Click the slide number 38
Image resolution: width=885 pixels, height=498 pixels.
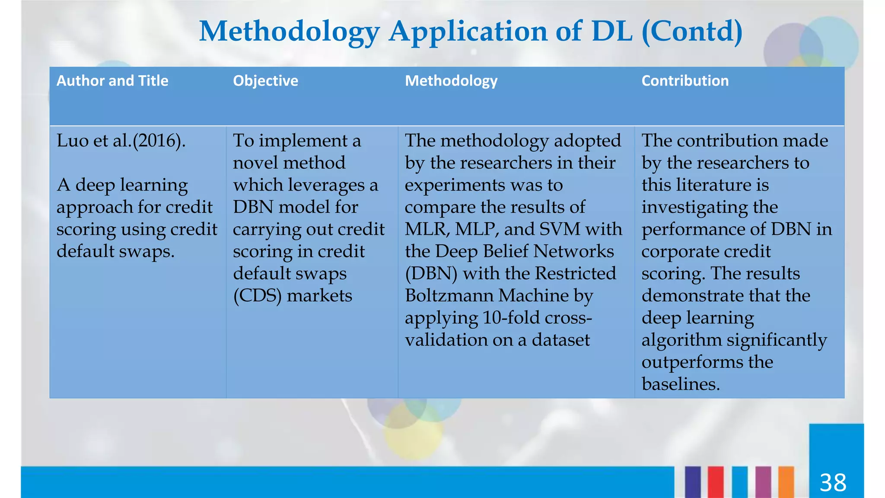pos(833,482)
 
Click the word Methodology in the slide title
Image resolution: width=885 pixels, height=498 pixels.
pos(289,32)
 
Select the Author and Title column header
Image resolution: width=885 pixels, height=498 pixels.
pos(112,81)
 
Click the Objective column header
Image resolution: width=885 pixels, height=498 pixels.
pos(265,81)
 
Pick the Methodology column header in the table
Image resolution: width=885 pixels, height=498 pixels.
pos(451,81)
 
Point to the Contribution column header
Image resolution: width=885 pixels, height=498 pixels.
pos(684,81)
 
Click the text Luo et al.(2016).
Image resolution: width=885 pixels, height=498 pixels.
pos(121,141)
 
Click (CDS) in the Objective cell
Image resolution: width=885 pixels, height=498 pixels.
pos(257,296)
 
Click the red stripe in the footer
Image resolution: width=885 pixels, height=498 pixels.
pos(715,482)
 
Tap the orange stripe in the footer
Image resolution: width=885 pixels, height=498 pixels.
pos(786,482)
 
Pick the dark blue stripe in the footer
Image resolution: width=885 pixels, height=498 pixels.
pos(692,482)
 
